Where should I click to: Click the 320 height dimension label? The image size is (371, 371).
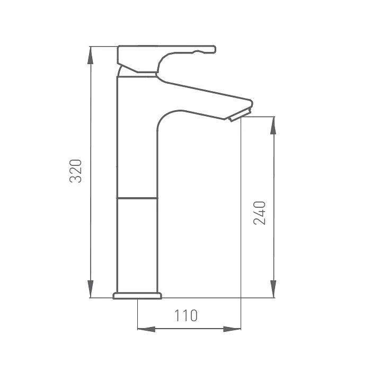76,171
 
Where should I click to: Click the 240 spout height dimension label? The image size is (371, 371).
260,213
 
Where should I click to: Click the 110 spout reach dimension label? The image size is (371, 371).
185,315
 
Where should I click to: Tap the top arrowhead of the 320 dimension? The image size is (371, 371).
90,55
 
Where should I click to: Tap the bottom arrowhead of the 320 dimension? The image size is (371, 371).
90,289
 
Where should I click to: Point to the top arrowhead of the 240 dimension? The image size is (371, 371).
273,126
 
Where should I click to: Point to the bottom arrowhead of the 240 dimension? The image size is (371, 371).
273,289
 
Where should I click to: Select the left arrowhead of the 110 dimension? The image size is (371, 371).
146,329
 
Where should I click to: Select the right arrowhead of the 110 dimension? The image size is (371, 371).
232,329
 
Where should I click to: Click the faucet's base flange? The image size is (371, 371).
137,296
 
